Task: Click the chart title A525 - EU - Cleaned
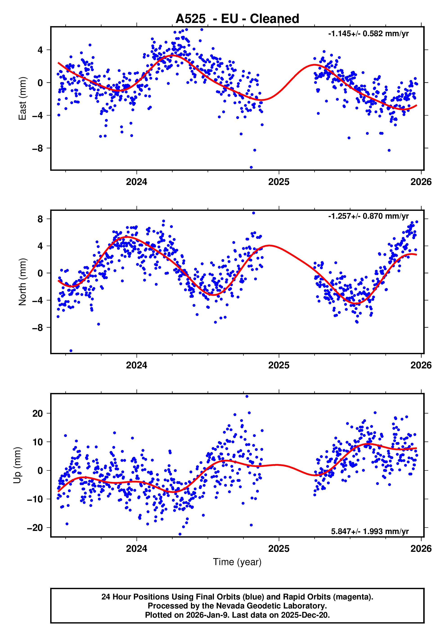237,19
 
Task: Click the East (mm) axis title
22,98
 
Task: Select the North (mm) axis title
22,282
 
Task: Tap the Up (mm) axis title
17,465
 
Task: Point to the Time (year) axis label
237,562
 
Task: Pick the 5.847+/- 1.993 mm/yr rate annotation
370,531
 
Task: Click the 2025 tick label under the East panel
279,182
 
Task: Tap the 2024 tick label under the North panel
136,365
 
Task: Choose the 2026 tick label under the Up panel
421,548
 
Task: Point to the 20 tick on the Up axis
38,414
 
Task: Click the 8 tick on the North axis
40,219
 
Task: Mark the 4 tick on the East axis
40,50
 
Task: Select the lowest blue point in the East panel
251,167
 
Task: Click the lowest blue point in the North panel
71,351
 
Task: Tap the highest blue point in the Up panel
247,396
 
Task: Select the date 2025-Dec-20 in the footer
305,615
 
